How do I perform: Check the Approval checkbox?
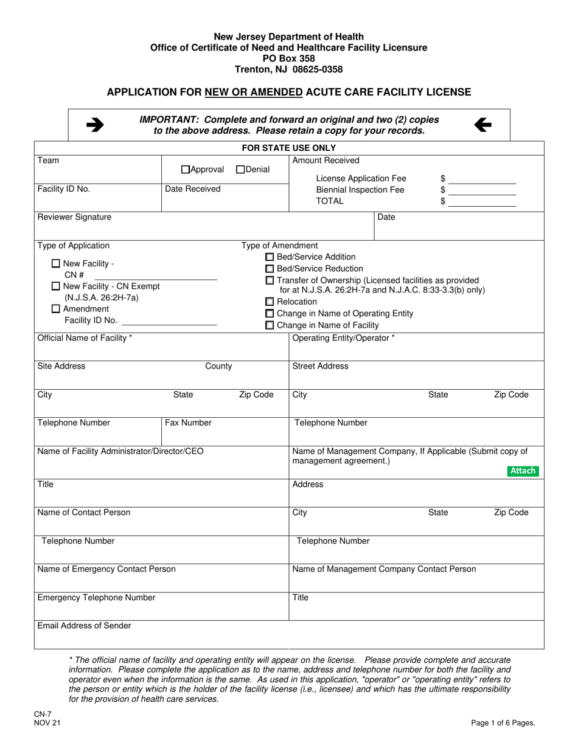[186, 170]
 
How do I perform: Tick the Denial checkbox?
[240, 170]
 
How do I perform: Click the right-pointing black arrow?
[94, 125]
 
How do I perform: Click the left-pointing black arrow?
[482, 125]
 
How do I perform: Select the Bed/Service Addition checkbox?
[270, 257]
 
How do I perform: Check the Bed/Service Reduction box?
[270, 269]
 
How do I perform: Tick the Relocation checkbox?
[270, 302]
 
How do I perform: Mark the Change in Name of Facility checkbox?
[270, 325]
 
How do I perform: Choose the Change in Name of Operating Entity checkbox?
[270, 314]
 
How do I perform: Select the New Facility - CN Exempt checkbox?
[56, 286]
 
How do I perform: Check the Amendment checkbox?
[56, 309]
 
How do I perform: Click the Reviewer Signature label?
[74, 217]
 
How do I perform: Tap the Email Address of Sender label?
[84, 626]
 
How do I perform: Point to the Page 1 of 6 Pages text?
[503, 723]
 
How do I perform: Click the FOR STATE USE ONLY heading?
[289, 148]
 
